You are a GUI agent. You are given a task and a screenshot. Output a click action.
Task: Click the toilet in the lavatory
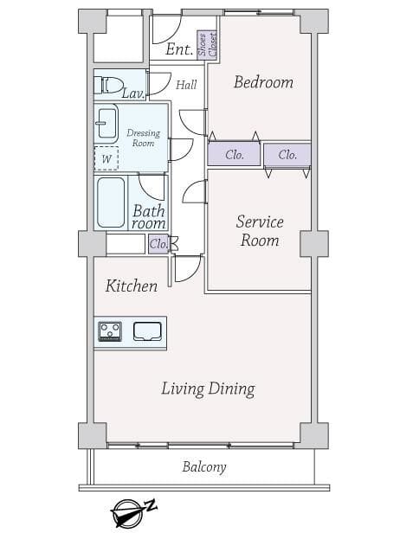108,85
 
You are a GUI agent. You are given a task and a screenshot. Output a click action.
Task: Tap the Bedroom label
263,82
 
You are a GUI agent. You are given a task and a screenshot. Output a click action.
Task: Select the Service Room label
260,231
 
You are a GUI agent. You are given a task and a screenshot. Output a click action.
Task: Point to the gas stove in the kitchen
110,331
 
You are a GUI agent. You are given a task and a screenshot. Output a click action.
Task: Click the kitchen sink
147,331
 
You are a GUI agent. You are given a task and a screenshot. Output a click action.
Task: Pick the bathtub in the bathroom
111,202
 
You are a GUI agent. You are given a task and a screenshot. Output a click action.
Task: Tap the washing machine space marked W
106,158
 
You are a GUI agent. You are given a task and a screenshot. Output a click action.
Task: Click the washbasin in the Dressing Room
106,124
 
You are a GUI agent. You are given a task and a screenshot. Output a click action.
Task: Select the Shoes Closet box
207,45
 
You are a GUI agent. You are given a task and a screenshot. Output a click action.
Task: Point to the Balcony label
204,467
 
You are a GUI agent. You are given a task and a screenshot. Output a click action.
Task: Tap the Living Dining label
208,389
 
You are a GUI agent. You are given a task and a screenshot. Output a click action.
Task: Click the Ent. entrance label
179,49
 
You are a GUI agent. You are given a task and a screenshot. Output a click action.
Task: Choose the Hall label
186,85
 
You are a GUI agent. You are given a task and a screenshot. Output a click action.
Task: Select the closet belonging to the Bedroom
234,154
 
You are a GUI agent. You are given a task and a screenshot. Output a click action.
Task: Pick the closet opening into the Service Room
287,155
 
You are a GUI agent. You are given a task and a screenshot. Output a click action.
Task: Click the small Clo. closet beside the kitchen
158,244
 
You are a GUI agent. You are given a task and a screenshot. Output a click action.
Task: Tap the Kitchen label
132,286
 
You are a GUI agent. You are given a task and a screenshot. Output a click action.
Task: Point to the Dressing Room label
143,138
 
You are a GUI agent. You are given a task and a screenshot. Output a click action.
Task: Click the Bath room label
149,217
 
